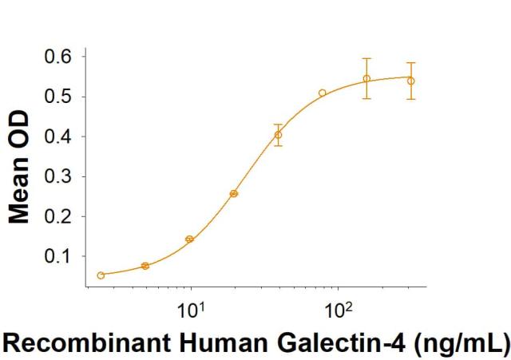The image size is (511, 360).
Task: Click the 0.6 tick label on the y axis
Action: pyautogui.click(x=57, y=57)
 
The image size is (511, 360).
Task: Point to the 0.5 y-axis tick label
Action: pyautogui.click(x=57, y=97)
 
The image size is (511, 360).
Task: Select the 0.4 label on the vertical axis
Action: pyautogui.click(x=57, y=136)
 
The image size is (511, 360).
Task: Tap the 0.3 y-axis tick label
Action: pyautogui.click(x=57, y=176)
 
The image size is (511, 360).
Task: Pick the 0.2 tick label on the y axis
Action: pyautogui.click(x=57, y=216)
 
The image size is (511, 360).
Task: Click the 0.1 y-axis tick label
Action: pyautogui.click(x=57, y=256)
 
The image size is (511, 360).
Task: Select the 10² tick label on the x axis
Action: pyautogui.click(x=337, y=307)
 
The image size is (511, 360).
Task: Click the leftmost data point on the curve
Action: pyautogui.click(x=101, y=275)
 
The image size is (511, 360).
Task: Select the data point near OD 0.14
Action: pyautogui.click(x=189, y=239)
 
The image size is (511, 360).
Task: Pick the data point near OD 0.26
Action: pyautogui.click(x=234, y=193)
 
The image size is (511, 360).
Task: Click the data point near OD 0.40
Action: pyautogui.click(x=278, y=135)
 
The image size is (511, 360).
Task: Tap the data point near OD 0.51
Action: pyautogui.click(x=323, y=93)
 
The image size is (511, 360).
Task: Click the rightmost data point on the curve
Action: pyautogui.click(x=410, y=81)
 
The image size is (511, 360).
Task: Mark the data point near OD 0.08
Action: pyautogui.click(x=145, y=266)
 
